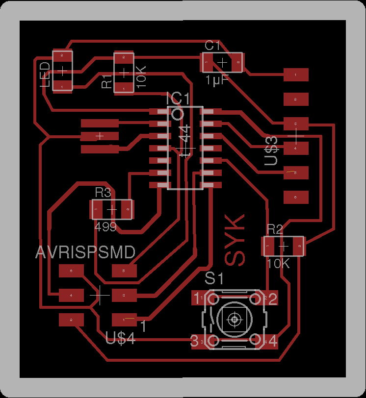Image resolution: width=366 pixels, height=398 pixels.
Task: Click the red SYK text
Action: click(235, 240)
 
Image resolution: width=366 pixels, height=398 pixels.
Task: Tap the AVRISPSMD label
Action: click(86, 253)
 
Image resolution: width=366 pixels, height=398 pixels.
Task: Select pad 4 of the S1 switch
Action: click(270, 340)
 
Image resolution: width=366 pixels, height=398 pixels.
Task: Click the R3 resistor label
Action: click(104, 192)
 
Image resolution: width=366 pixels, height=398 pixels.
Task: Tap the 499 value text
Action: click(105, 226)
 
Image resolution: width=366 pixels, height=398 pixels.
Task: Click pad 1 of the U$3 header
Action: click(296, 75)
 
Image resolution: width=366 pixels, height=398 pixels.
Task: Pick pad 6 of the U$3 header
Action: click(296, 197)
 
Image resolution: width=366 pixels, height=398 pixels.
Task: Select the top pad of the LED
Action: click(62, 56)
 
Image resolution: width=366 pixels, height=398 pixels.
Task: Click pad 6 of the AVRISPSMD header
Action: click(72, 270)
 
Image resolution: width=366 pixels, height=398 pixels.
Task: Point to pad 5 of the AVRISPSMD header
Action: click(124, 270)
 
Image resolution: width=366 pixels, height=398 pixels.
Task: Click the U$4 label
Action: click(121, 338)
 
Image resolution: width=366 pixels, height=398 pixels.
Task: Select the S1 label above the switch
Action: click(214, 278)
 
